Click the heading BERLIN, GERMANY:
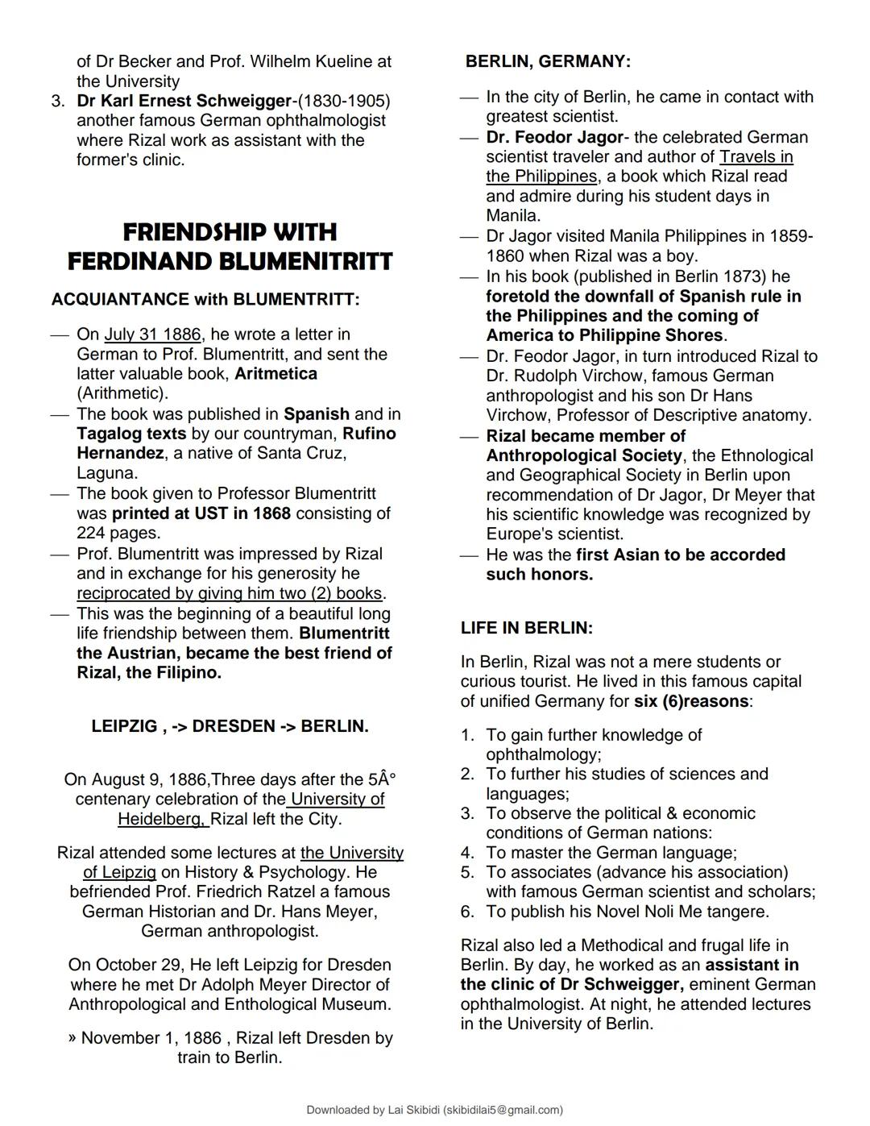click(x=548, y=61)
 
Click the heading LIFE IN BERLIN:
click(x=526, y=628)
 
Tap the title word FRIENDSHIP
click(x=230, y=232)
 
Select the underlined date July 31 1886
click(x=152, y=334)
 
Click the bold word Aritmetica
click(x=275, y=374)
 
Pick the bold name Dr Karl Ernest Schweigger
click(x=184, y=101)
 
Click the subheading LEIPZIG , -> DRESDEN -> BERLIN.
click(x=230, y=726)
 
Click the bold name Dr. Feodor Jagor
click(x=554, y=137)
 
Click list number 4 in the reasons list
click(x=467, y=852)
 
